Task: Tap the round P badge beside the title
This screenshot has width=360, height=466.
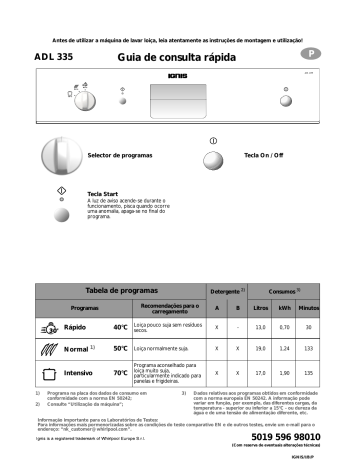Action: [x=312, y=53]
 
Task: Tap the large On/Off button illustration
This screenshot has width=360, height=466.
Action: [x=215, y=156]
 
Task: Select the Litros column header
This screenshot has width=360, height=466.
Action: [x=261, y=308]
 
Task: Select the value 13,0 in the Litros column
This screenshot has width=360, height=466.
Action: [x=261, y=327]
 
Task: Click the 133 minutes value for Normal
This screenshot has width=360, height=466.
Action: [x=309, y=349]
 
